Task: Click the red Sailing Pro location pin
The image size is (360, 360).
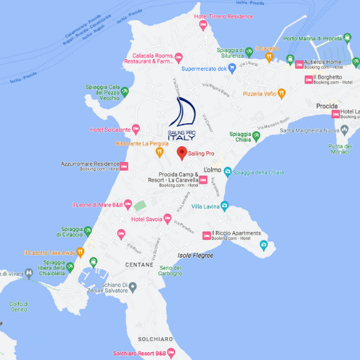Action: coord(182,153)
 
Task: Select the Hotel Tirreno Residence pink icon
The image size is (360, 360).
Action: coord(203,26)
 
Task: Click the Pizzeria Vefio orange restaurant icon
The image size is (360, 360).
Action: coord(282,93)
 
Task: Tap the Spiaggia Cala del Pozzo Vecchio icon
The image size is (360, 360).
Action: coord(125,91)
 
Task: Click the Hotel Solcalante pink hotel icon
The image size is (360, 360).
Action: coord(138,130)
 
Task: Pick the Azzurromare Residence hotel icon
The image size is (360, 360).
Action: coord(124,166)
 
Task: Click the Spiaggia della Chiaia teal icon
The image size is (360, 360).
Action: coord(228,171)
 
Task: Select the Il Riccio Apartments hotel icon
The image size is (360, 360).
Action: coord(206,235)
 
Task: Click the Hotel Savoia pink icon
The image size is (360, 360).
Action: coord(167,219)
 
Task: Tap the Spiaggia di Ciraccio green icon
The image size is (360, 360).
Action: coord(88,230)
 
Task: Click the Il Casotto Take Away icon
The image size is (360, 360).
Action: coord(81,253)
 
